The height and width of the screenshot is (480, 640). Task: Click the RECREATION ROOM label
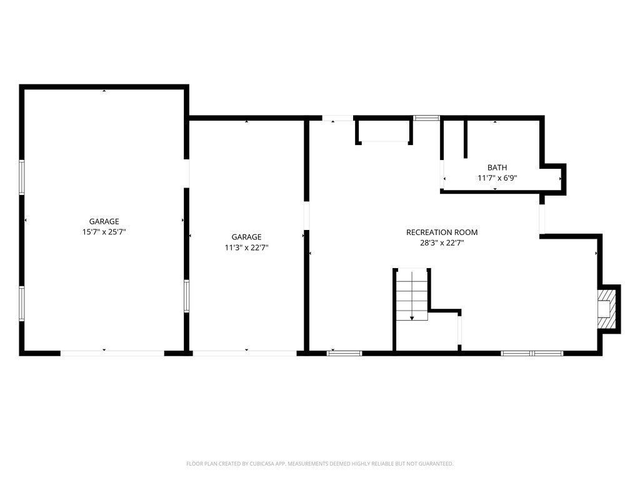click(442, 232)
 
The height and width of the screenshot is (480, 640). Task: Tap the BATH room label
click(497, 167)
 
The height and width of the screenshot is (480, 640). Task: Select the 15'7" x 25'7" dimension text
click(104, 232)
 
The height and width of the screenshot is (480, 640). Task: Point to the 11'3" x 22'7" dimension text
click(246, 247)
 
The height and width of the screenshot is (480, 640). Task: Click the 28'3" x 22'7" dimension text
click(442, 243)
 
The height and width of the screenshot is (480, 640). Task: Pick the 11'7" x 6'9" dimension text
click(497, 178)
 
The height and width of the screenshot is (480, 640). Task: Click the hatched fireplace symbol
click(606, 309)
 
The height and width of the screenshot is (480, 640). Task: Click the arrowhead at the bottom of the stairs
click(412, 318)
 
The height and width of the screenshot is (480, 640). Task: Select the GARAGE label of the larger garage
click(104, 222)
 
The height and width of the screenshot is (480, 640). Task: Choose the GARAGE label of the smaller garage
click(246, 237)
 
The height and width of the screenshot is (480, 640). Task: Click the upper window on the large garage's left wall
click(22, 177)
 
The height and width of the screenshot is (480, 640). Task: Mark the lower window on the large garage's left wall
click(22, 304)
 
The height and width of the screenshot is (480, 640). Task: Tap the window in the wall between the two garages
click(186, 296)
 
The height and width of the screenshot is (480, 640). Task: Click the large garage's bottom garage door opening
click(112, 353)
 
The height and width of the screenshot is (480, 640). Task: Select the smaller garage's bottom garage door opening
click(244, 353)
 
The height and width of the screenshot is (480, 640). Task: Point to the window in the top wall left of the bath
click(426, 118)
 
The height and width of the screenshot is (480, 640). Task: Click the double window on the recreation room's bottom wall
click(532, 353)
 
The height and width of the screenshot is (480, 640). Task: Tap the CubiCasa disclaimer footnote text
click(319, 464)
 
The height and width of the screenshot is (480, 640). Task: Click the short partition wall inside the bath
click(465, 139)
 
